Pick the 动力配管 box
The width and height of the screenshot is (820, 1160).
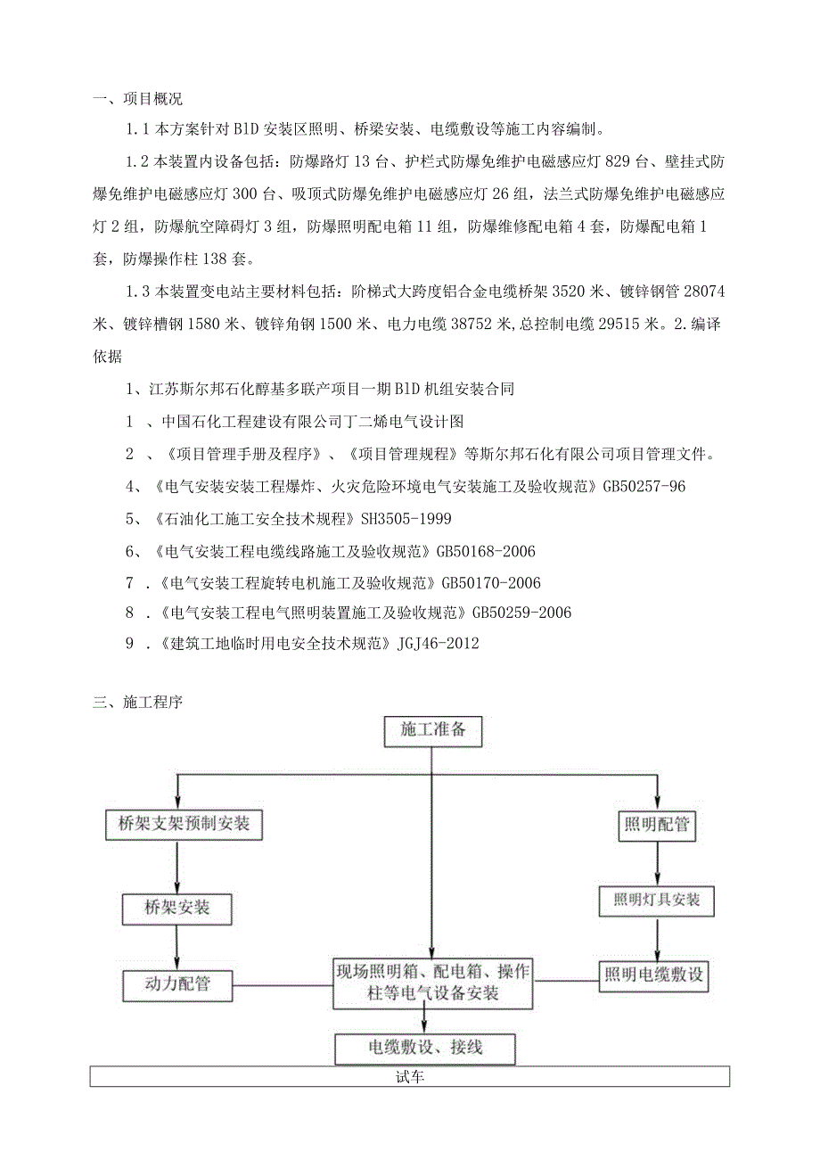(x=176, y=985)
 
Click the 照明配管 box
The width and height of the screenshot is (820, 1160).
(x=656, y=825)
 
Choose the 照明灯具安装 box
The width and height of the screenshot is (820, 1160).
(x=656, y=900)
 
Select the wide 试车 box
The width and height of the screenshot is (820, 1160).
(x=410, y=1077)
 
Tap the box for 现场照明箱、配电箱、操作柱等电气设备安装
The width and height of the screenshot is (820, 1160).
(x=431, y=983)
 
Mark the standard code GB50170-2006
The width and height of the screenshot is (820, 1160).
(x=491, y=582)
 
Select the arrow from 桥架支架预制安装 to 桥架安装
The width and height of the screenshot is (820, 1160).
(x=177, y=868)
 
